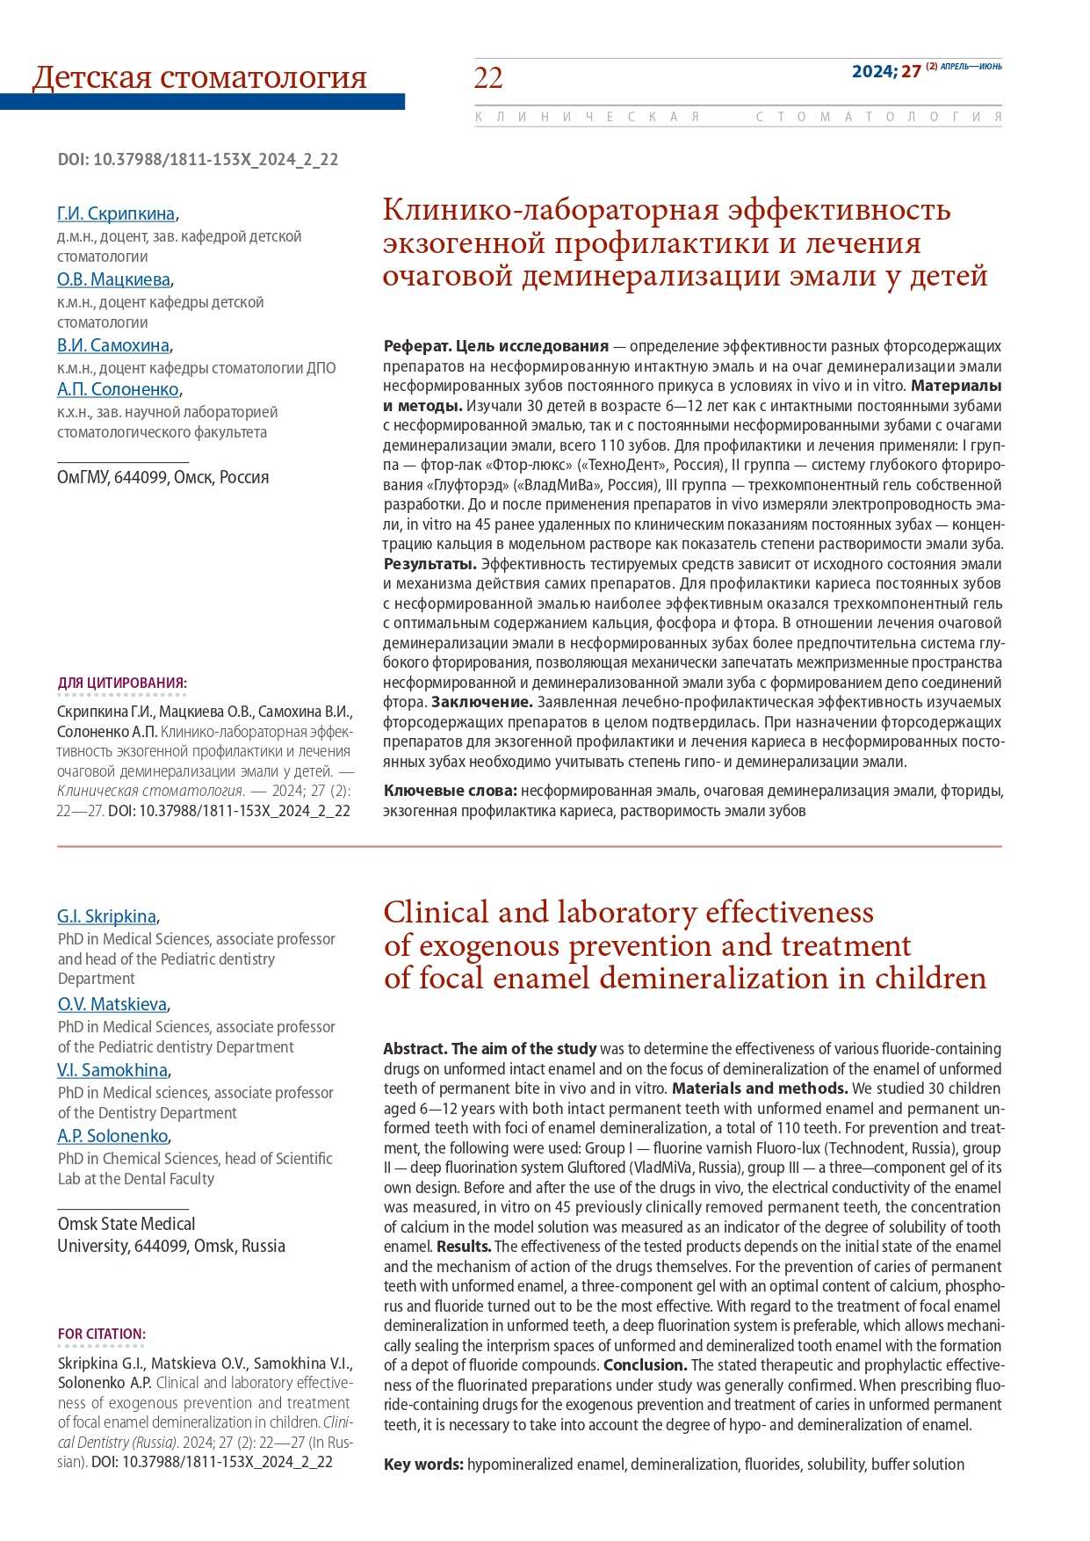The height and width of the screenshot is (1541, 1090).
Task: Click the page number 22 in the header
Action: point(488,78)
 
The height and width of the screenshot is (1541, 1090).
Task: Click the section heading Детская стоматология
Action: point(199,77)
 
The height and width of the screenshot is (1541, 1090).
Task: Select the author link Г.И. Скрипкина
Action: point(116,213)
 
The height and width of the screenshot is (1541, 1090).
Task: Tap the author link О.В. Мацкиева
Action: point(113,279)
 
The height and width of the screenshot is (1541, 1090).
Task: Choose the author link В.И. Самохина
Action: point(113,345)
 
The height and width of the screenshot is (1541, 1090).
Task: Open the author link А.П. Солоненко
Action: point(119,389)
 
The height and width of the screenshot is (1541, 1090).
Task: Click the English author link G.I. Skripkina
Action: point(107,916)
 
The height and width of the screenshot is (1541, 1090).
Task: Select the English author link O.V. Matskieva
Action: point(112,1004)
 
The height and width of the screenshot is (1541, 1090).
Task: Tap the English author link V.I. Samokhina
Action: point(112,1070)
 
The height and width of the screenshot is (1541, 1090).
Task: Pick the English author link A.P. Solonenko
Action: point(112,1136)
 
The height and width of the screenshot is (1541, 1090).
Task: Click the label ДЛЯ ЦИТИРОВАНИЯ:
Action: point(122,683)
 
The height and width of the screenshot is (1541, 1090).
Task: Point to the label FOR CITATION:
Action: point(102,1334)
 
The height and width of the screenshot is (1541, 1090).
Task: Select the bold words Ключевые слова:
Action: point(450,791)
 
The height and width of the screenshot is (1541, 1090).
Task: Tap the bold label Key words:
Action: point(423,1465)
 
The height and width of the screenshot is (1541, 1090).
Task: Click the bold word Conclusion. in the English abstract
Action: point(645,1365)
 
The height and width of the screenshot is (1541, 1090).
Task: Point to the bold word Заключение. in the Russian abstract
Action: point(482,702)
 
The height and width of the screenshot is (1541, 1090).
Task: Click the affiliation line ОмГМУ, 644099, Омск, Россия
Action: point(163,477)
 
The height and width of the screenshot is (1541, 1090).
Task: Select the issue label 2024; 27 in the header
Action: point(886,72)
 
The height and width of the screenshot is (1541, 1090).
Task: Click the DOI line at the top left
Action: point(198,159)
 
